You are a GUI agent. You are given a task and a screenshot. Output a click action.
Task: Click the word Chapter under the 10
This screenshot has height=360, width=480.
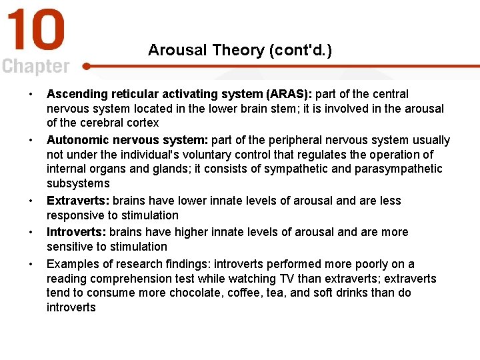pyautogui.click(x=35, y=67)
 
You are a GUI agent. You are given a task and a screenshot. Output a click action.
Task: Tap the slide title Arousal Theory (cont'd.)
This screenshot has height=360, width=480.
pyautogui.click(x=240, y=50)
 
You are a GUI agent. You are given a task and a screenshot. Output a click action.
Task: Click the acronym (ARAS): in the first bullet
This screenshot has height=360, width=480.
pyautogui.click(x=289, y=94)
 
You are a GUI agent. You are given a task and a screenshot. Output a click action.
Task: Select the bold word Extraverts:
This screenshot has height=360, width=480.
pyautogui.click(x=78, y=201)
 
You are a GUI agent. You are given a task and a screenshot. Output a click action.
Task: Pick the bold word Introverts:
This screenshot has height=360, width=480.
pyautogui.click(x=76, y=232)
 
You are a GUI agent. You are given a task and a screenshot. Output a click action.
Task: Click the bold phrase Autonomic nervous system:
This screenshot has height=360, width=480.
pyautogui.click(x=127, y=140)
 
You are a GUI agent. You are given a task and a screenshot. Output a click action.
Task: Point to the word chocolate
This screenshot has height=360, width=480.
pyautogui.click(x=193, y=293)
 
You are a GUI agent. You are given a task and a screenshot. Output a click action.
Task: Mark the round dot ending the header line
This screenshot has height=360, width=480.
pyautogui.click(x=87, y=66)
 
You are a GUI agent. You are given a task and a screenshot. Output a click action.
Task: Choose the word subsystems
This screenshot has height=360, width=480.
pyautogui.click(x=78, y=183)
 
